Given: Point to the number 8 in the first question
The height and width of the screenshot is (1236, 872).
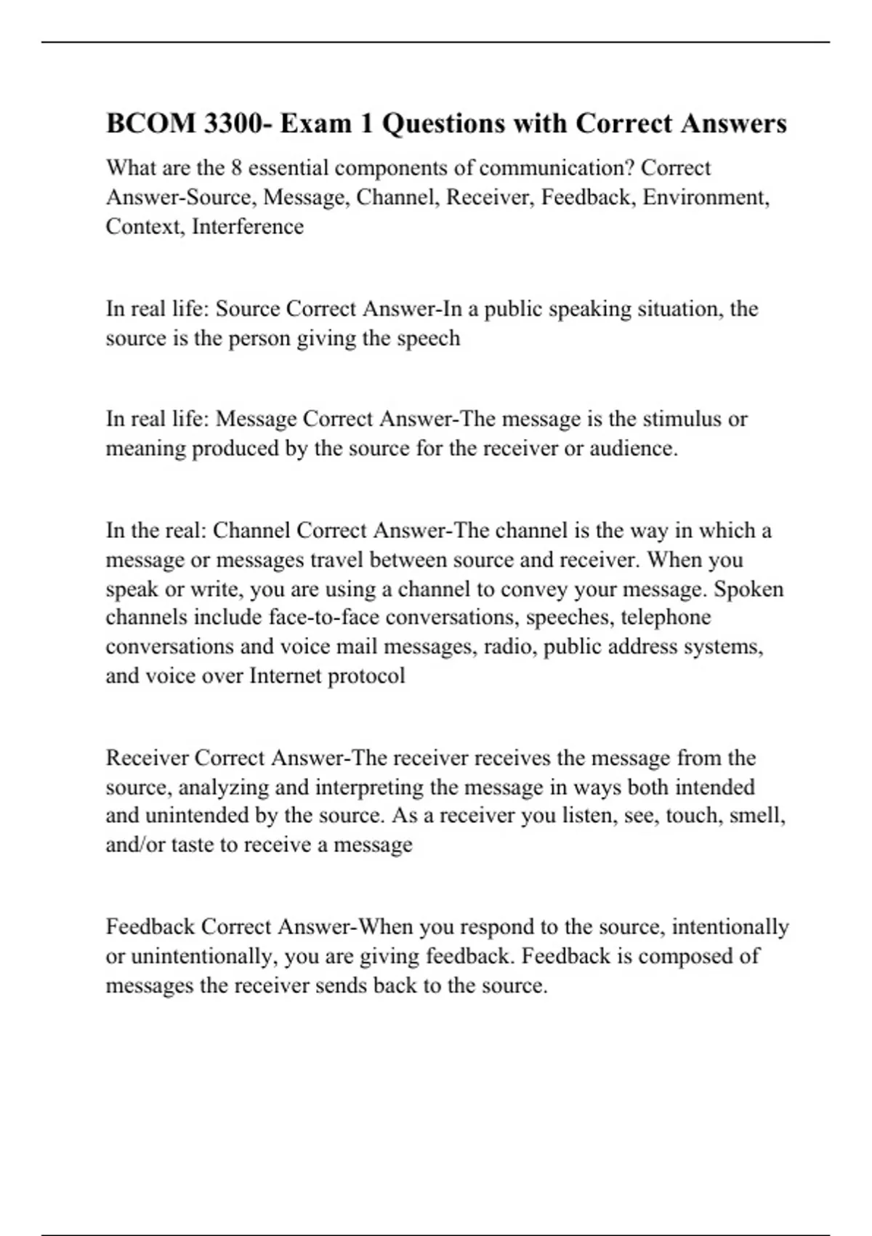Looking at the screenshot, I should coord(235,168).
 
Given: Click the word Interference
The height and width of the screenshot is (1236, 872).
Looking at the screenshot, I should coord(248,227).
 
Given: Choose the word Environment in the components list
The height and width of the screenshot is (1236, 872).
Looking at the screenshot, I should coord(705,197).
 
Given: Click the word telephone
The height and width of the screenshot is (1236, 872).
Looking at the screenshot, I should coord(666,617).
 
